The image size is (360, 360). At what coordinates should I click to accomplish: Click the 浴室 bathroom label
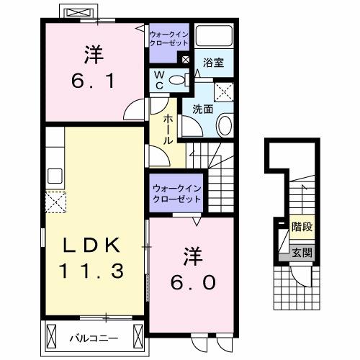pos(213,63)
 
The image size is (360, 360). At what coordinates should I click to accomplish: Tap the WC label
pos(158,81)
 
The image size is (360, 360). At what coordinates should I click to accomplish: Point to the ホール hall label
pos(167,130)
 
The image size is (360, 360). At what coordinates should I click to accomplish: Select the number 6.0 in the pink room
pos(192,282)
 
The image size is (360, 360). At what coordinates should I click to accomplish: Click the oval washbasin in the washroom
pos(223,127)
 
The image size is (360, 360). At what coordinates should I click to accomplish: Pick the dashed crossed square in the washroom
pos(225,91)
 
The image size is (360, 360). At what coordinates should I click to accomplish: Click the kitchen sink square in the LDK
pos(55,176)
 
